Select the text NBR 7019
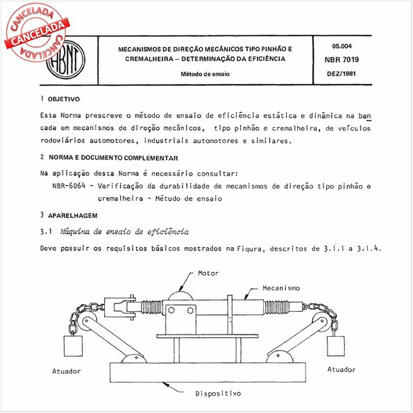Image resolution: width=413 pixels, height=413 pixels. click(x=342, y=58)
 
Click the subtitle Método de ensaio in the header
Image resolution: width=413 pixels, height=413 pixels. click(x=204, y=74)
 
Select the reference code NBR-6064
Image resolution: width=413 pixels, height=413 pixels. click(x=72, y=187)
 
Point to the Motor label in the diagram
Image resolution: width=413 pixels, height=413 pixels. click(x=208, y=273)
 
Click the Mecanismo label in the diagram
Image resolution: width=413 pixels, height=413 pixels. click(x=280, y=287)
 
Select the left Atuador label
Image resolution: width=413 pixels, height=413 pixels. click(x=67, y=371)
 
